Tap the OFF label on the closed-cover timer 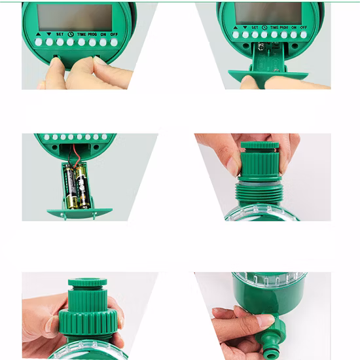point(114,34)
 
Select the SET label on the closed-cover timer point(60,34)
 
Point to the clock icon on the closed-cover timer point(70,34)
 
